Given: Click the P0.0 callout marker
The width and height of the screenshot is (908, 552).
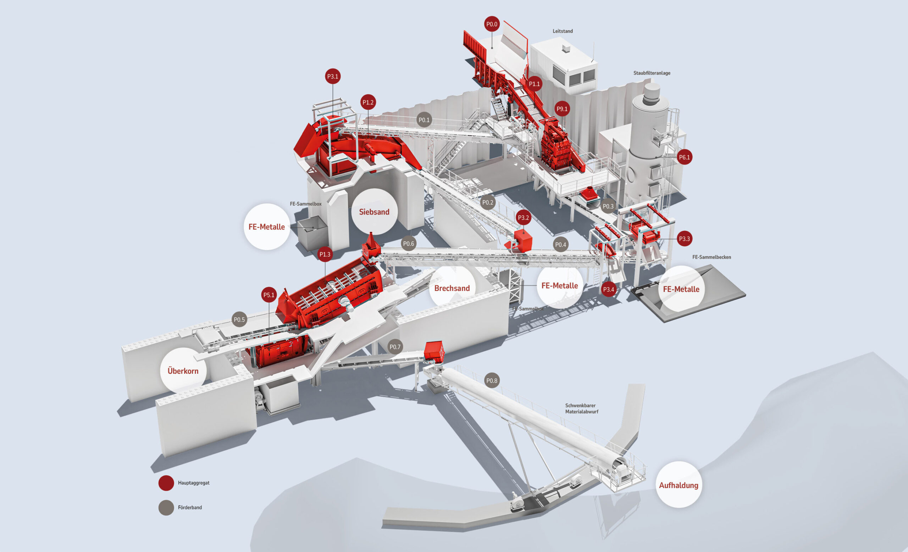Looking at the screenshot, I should pos(492,25).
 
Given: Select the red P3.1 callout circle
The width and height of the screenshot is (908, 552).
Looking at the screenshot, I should pos(333,76).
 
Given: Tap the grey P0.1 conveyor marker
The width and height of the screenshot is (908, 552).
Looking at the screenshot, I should pos(424,120).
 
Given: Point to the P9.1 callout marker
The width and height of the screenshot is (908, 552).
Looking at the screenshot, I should pos(562,109).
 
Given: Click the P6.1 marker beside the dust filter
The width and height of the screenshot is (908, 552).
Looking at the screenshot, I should pos(684,157).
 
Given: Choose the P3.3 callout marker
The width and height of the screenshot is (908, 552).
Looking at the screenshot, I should pos(684,239).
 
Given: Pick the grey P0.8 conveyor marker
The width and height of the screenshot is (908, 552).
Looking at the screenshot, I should pos(492,380).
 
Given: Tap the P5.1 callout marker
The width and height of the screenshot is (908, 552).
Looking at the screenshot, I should pos(268,295).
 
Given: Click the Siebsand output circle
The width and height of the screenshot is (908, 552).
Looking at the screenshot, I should pos(374,212).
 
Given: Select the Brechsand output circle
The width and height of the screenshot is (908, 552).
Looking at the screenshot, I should pos(452,288).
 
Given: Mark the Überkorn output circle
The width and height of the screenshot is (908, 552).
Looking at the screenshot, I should pos(183,371).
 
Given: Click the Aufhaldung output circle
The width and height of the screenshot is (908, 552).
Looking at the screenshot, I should pos(679,485).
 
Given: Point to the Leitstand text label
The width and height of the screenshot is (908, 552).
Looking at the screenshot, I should pos(562,31).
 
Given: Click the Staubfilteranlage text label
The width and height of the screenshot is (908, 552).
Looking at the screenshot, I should pos(652,73).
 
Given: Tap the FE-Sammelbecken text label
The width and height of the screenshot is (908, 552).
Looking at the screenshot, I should pos(711,257).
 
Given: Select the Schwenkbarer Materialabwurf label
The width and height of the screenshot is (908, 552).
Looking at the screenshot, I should pos(581,408).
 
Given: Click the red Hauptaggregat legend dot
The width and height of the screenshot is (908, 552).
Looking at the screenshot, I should pos(166,483).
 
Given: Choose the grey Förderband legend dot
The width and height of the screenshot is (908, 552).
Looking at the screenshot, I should pos(166,508).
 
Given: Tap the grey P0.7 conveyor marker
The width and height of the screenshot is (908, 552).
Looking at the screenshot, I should pos(395,347).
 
